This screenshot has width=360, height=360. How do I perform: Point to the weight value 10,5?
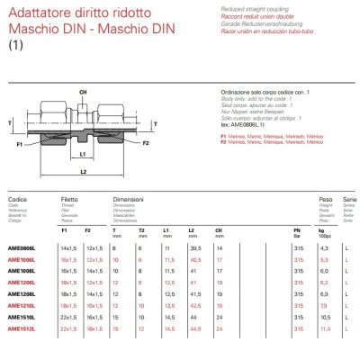coord(326,318)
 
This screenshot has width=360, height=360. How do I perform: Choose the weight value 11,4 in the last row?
coord(326,329)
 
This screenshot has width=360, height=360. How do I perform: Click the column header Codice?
coord(17,197)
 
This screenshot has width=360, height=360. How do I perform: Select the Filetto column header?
coord(69,197)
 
